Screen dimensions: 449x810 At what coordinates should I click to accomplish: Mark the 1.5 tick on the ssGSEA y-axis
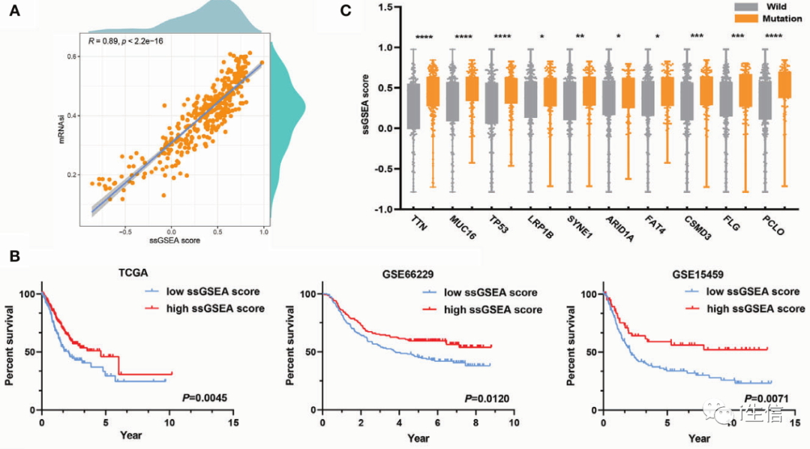(x=388, y=8)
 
